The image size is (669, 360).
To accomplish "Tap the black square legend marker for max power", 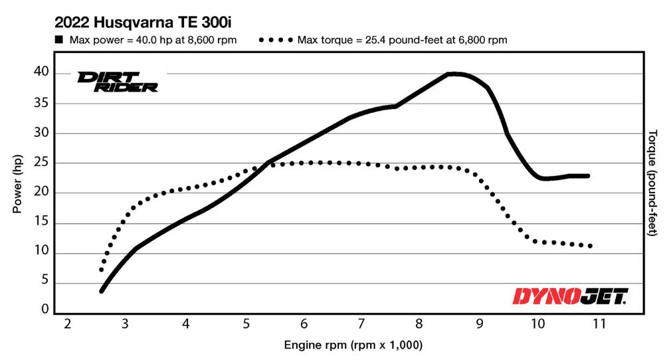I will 59,40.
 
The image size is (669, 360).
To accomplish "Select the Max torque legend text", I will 403,40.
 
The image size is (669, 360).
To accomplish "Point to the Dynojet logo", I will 569,296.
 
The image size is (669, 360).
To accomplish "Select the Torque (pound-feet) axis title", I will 652,183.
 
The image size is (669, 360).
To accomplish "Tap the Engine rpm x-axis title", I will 353,345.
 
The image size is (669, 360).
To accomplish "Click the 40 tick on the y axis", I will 41,72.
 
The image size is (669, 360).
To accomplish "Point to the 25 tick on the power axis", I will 41,163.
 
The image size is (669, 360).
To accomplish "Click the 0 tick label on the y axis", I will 44,309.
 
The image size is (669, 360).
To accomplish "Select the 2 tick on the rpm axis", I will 67,323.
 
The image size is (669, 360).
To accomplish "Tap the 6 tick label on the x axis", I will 304,323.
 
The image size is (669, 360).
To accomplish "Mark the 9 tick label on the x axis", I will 480,323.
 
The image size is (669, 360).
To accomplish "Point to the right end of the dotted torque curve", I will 590,246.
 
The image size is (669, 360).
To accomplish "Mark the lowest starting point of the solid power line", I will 102,291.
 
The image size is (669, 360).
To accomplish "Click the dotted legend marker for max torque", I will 274,40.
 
